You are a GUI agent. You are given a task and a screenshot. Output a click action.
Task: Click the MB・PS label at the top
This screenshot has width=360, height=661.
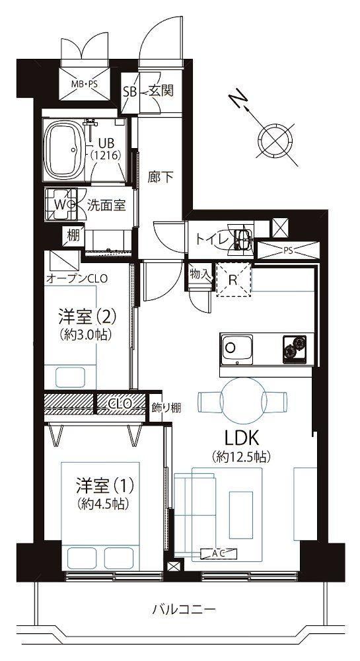pos(84,84)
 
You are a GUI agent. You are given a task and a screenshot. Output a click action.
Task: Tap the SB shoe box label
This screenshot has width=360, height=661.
pos(129,91)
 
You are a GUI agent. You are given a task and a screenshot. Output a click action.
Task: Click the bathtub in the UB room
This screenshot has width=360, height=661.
pos(65,149)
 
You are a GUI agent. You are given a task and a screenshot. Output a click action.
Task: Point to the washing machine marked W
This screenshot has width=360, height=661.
pos(61,204)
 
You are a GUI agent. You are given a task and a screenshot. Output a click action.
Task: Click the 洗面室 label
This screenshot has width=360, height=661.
pos(106,206)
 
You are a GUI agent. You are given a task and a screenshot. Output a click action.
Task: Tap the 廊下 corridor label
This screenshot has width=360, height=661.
pos(160,177)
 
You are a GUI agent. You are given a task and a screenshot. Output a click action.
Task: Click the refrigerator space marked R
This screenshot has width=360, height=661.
pos(233,280)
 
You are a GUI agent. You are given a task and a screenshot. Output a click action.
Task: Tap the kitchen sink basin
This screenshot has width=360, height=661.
pos(237,348)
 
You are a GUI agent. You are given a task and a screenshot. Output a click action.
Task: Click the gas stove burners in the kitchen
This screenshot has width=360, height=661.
pos(295,348)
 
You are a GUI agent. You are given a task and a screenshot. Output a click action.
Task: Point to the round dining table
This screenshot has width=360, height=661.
pos(243,401)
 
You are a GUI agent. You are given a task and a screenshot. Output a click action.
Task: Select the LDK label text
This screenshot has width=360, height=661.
pos(241,440)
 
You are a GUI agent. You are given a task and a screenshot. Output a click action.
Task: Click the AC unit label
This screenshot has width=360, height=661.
pos(219,554)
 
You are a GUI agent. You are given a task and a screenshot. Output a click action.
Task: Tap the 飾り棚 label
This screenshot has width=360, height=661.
pos(166,408)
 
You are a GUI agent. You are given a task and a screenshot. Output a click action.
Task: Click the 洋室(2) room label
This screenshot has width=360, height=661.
pos(88,315)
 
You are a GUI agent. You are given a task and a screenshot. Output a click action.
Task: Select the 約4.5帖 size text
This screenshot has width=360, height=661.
pos(103,503)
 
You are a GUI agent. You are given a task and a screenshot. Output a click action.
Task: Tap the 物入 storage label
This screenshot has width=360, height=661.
pos(200,274)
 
